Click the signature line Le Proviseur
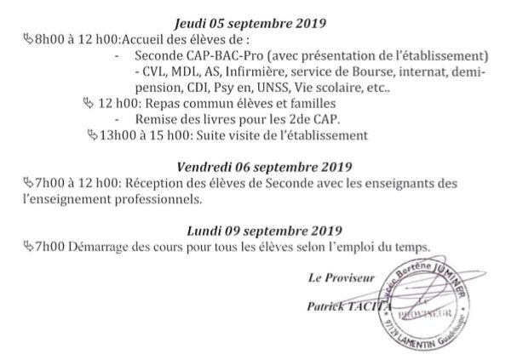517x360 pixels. click(334, 277)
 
